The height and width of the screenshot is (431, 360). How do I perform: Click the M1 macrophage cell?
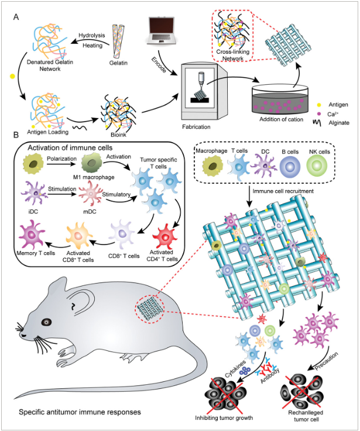[x=92, y=163]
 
